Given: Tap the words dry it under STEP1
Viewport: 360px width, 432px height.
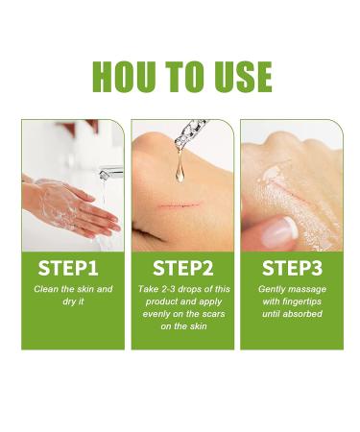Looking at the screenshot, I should coord(73,300).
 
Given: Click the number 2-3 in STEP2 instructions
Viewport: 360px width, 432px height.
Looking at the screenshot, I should coord(171,289).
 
